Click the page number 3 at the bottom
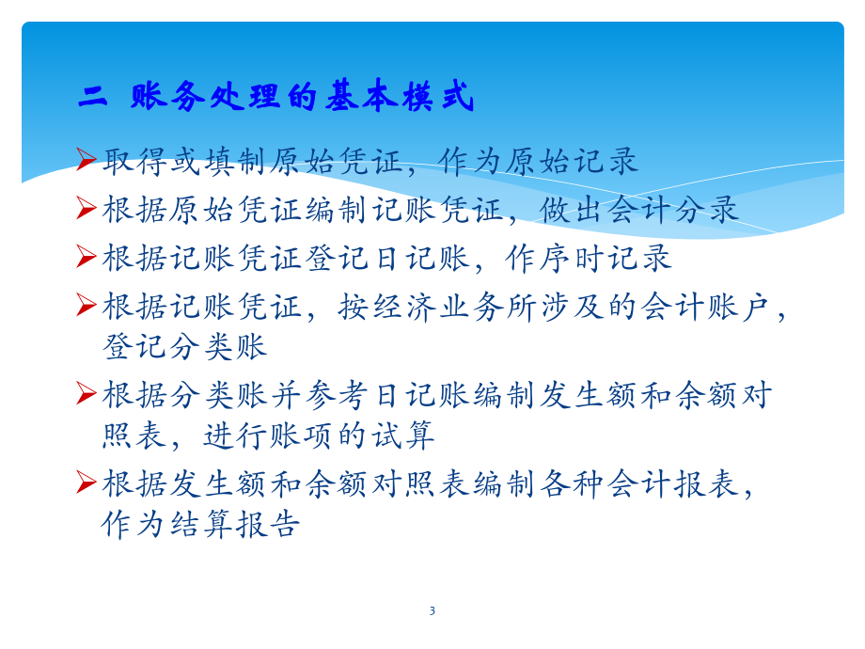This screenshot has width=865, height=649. click(432, 611)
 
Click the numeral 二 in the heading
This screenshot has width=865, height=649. click(94, 97)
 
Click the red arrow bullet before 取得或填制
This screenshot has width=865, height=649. click(86, 160)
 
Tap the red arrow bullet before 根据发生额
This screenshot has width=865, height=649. click(86, 483)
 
